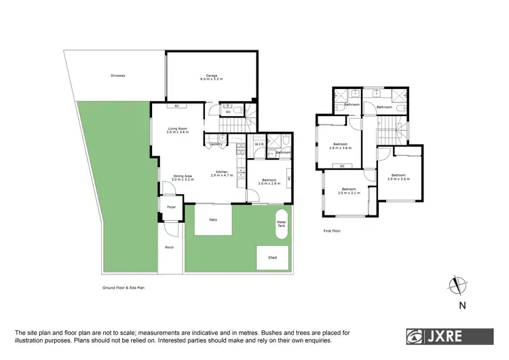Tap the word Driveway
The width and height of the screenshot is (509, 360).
[x=118, y=75]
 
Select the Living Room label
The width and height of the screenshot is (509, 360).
[x=178, y=130]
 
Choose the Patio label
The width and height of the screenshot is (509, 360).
[x=212, y=220]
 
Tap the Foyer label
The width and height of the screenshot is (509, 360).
[x=171, y=206]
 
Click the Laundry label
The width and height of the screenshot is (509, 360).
[x=217, y=144]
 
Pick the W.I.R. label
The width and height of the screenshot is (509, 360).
[x=259, y=143]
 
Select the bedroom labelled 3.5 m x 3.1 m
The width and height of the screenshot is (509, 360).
[x=349, y=190]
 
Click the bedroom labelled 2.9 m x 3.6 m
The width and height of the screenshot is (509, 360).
[x=341, y=145]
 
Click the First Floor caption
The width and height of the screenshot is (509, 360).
[x=332, y=231]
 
